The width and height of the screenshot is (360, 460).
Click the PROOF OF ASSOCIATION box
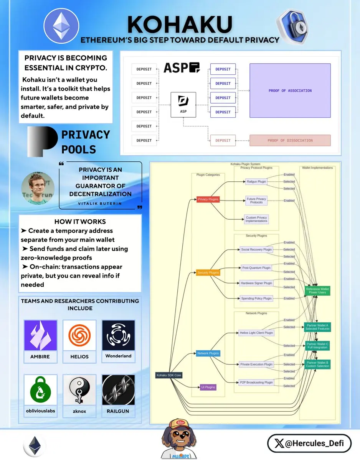tap(290, 90)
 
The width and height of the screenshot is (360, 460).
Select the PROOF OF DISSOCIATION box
tap(290, 140)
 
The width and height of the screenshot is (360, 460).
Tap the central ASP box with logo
tap(183, 104)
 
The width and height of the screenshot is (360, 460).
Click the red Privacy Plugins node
tap(208, 199)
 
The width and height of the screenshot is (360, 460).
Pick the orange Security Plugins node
tap(208, 273)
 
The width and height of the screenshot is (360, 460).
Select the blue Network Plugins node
tap(208, 353)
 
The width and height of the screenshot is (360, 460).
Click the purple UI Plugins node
tap(208, 387)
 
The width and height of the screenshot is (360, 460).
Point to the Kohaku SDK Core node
tap(169, 375)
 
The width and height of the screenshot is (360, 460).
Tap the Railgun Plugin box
tap(256, 182)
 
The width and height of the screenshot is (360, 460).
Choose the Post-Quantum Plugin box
tap(256, 268)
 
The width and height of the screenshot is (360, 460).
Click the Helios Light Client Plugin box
tap(256, 333)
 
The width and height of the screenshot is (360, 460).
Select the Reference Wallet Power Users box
tap(317, 291)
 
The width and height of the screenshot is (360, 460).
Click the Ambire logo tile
tap(40, 336)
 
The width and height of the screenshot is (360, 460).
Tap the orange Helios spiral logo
tap(79, 335)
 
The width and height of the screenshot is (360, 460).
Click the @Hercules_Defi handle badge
tap(309, 444)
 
